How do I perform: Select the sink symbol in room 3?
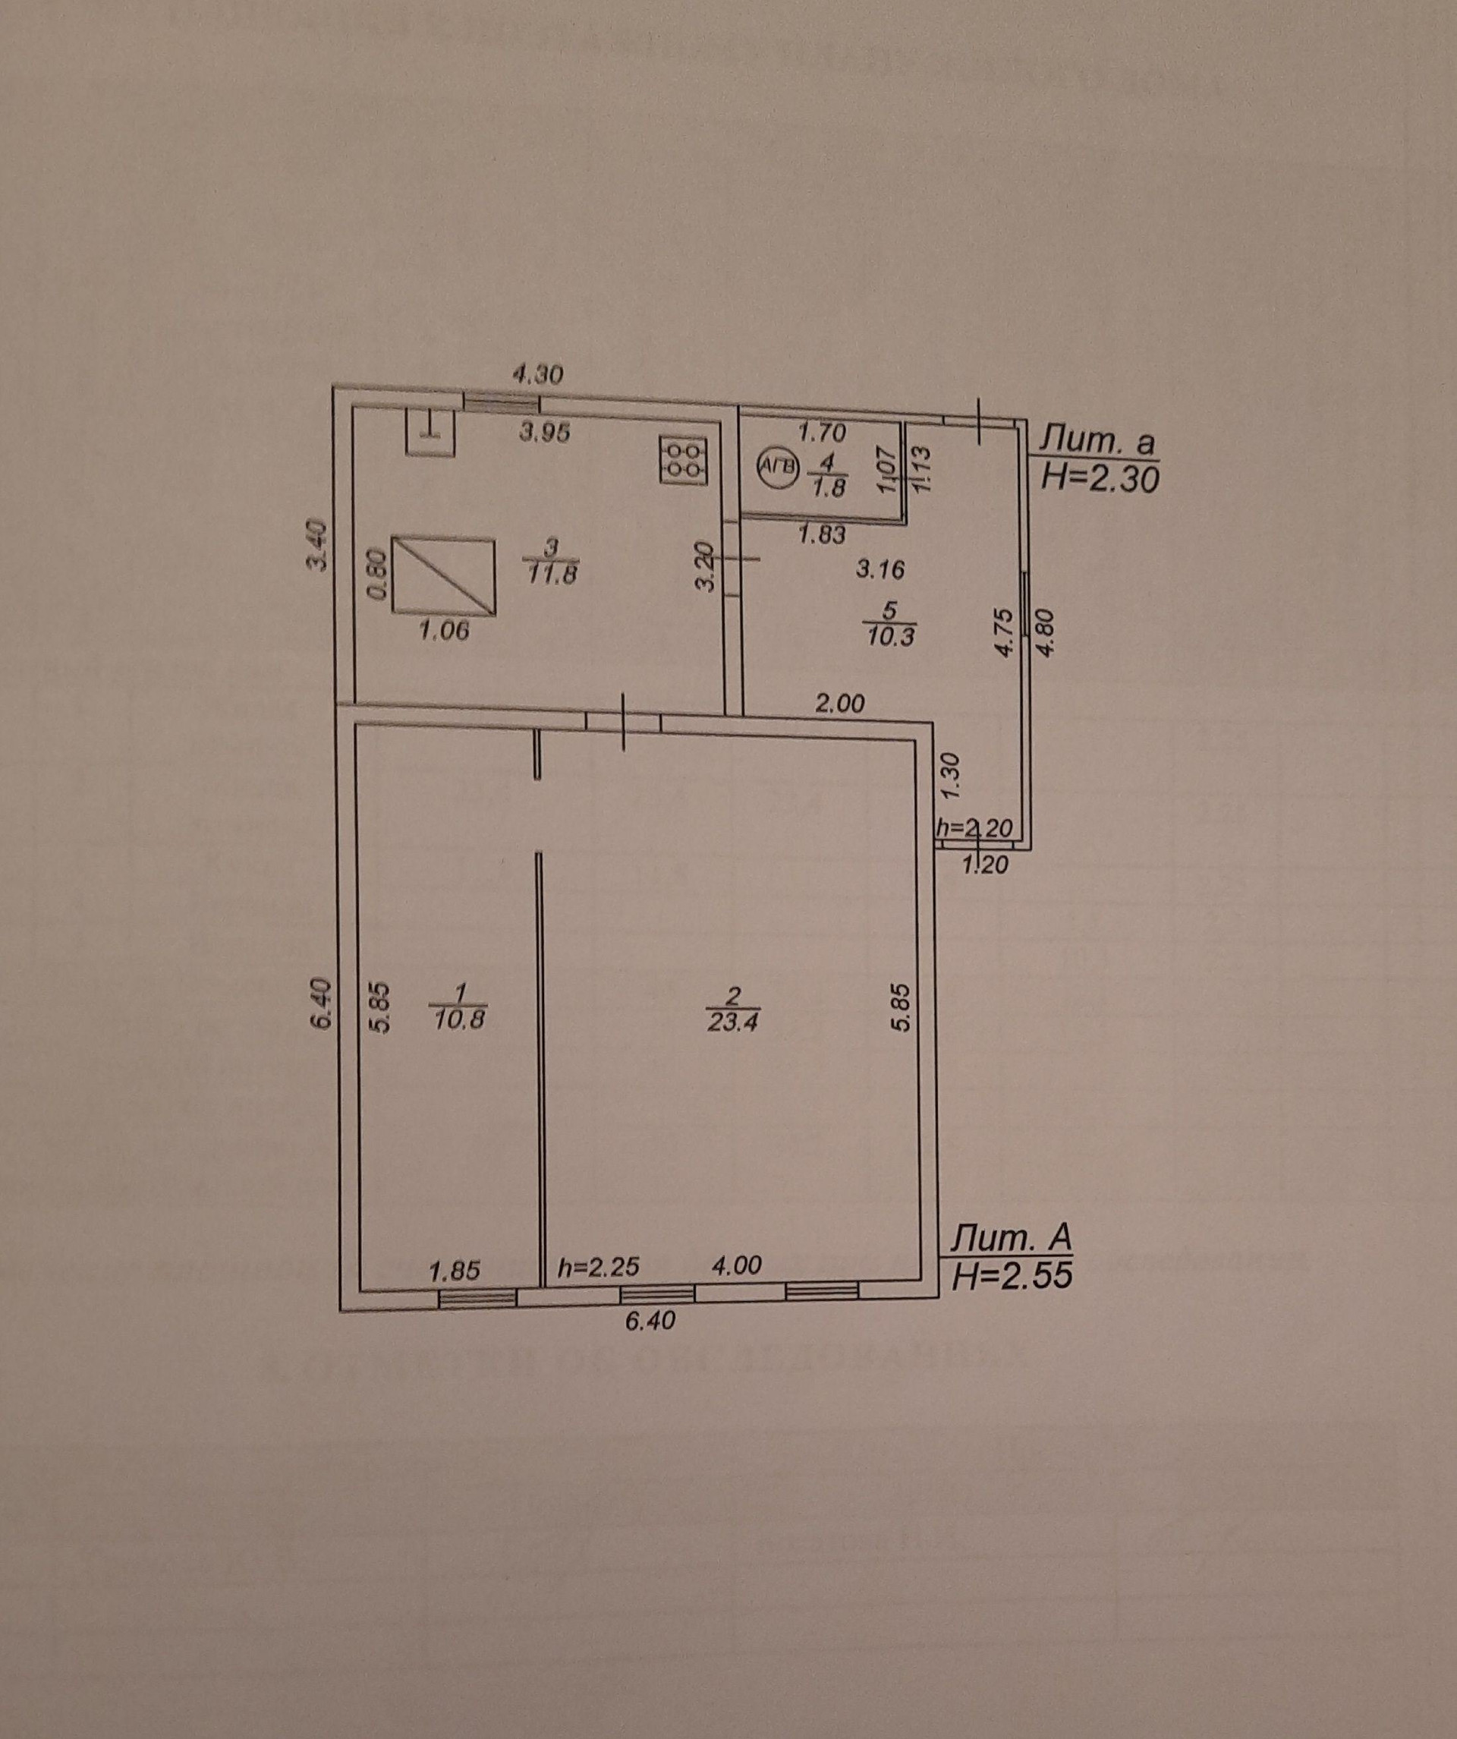[430, 431]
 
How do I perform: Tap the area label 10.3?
[890, 636]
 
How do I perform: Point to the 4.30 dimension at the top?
[538, 375]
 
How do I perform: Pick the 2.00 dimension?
[839, 704]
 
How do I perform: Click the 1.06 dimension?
[445, 632]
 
